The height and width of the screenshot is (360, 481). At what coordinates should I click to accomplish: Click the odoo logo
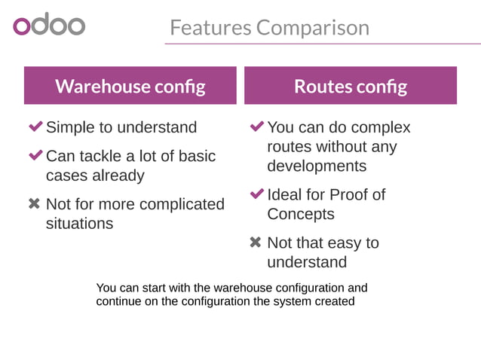[49, 25]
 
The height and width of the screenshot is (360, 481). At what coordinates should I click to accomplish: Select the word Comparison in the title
[313, 28]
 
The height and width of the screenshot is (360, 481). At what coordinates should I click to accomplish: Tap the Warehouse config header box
[130, 86]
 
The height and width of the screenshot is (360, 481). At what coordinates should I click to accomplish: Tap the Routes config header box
[351, 86]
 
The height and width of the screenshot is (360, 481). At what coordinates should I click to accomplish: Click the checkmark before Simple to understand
[35, 127]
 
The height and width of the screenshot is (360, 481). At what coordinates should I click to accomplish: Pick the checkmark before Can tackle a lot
[35, 156]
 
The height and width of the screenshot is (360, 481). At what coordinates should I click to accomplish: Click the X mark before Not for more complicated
[34, 204]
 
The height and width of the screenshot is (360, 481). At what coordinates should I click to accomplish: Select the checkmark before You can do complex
[256, 127]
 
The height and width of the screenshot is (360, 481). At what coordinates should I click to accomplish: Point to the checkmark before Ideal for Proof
[256, 194]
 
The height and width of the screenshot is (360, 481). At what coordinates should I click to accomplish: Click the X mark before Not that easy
[256, 243]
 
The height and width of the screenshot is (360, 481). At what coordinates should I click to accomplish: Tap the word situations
[80, 224]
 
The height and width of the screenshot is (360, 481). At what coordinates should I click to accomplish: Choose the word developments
[317, 166]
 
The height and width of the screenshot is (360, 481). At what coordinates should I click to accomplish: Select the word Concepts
[300, 214]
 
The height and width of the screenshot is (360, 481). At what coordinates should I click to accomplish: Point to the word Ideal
[286, 194]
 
